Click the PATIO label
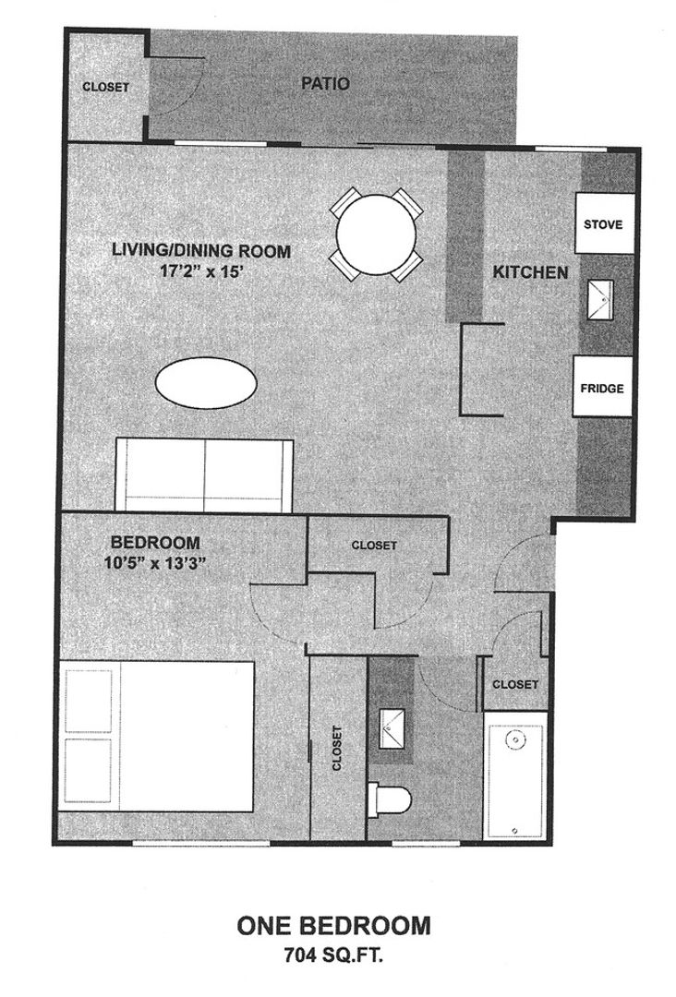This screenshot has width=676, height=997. pyautogui.click(x=326, y=84)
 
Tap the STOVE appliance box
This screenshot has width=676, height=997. pyautogui.click(x=604, y=224)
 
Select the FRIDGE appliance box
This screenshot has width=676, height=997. pyautogui.click(x=602, y=388)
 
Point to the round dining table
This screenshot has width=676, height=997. pyautogui.click(x=377, y=234)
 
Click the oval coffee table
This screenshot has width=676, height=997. pyautogui.click(x=206, y=380)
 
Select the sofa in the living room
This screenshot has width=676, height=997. pyautogui.click(x=203, y=474)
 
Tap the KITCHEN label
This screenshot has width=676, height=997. pyautogui.click(x=530, y=272)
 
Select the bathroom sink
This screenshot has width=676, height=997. pyautogui.click(x=392, y=729)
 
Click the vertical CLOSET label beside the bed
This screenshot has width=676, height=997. pyautogui.click(x=336, y=748)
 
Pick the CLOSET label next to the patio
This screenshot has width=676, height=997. pyautogui.click(x=106, y=88)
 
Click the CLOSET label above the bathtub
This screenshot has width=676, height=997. pyautogui.click(x=514, y=684)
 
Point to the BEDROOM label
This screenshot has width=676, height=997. pyautogui.click(x=155, y=542)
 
